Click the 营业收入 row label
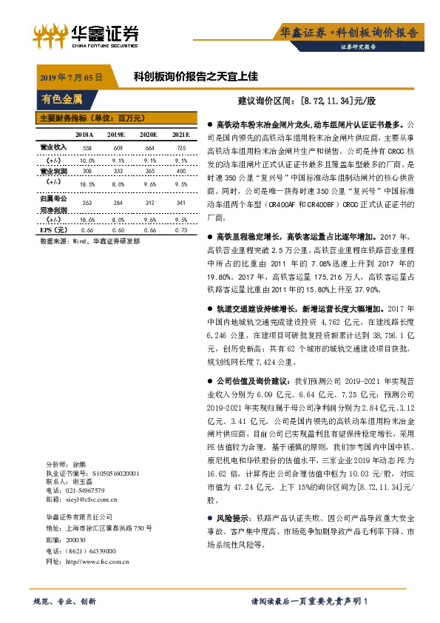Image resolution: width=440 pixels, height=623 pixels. point(51,147)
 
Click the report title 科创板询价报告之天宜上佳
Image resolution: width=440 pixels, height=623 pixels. point(195,76)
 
